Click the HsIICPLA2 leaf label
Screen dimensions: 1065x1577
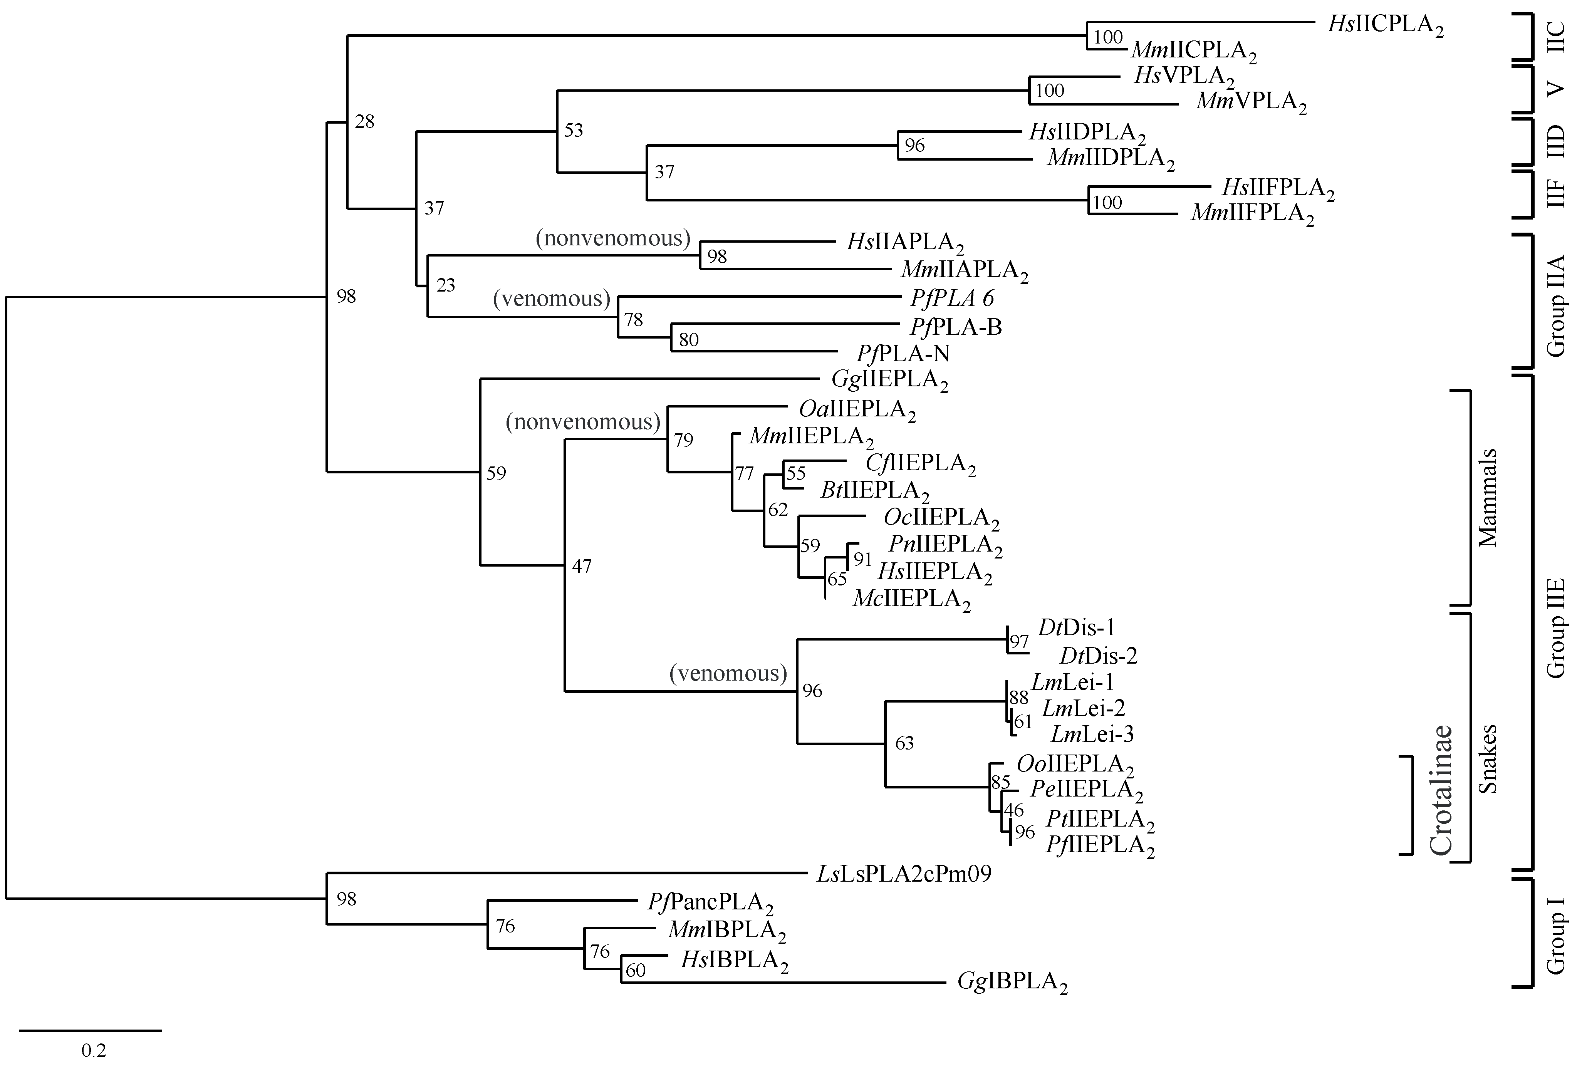(x=1385, y=25)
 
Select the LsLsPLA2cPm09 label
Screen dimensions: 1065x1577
(x=904, y=874)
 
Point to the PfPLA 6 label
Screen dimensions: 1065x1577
(x=952, y=299)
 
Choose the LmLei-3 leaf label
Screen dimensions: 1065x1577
(x=1092, y=733)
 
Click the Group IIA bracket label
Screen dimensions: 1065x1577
(x=1555, y=305)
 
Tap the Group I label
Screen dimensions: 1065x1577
(x=1555, y=935)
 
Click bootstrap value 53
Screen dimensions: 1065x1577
(x=574, y=130)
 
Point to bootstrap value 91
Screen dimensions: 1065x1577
(x=862, y=559)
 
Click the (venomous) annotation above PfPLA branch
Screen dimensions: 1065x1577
(x=552, y=299)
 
